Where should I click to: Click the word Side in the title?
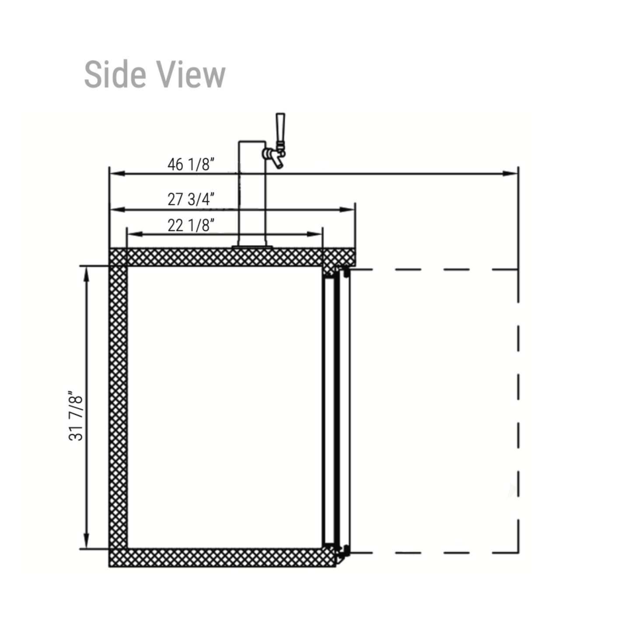[x=115, y=74]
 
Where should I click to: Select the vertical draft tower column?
[x=252, y=193]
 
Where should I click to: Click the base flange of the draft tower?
[x=252, y=247]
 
